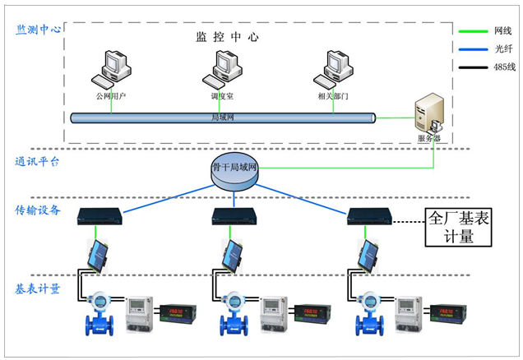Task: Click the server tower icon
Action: point(429,116)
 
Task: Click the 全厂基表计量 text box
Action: point(461,227)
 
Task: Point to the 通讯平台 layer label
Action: point(37,162)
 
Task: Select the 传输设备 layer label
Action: point(38,210)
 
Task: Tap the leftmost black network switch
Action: point(99,217)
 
